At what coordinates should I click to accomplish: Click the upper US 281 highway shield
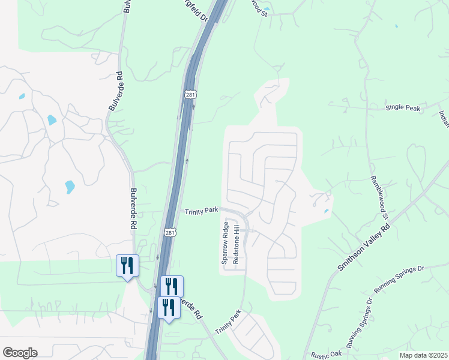click(191, 94)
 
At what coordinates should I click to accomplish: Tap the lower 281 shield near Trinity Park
click(170, 232)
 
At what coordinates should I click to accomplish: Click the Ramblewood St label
click(379, 197)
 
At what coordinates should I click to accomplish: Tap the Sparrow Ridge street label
click(225, 243)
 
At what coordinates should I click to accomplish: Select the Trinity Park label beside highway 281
click(201, 211)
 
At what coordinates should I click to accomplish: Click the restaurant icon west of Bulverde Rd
click(127, 265)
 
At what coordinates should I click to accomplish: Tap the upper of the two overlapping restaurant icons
click(172, 286)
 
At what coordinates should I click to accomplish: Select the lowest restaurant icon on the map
click(169, 307)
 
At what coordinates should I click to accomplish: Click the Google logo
click(20, 353)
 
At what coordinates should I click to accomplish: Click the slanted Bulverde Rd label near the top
click(116, 91)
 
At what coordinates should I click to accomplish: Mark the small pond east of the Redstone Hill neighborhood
click(326, 211)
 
